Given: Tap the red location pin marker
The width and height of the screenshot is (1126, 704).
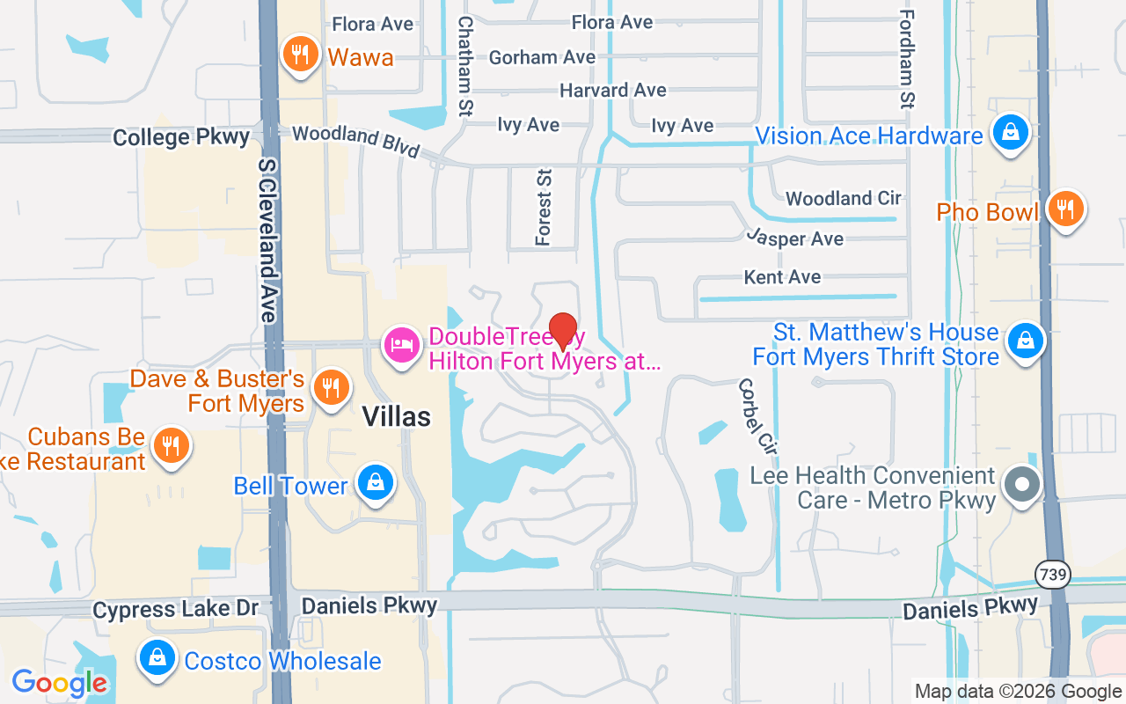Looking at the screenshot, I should point(563,332).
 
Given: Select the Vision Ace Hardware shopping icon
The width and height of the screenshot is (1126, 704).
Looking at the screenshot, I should point(1012,133).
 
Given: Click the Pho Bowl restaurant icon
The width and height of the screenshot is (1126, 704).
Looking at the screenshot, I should point(1065,209).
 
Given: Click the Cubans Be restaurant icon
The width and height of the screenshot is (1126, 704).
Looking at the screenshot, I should point(172,445).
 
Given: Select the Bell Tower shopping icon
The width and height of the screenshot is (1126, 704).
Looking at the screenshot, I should point(376,483).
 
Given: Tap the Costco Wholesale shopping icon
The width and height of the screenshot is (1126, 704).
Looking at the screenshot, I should point(157,657).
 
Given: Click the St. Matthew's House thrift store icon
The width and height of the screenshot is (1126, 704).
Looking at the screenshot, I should point(1025,340).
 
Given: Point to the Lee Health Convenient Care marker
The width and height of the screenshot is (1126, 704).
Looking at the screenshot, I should point(1021,484).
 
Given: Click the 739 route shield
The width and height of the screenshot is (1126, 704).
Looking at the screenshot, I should point(1052,575).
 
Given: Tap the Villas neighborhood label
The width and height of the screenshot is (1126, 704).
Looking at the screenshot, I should point(397,416).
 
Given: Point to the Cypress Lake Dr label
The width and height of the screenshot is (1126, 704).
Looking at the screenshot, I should point(176,609).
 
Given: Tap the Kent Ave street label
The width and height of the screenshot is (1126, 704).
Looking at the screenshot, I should point(782,277).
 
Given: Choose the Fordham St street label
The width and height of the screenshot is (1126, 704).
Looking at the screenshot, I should point(908,60).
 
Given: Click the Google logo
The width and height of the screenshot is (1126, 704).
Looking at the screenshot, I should point(59,682).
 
